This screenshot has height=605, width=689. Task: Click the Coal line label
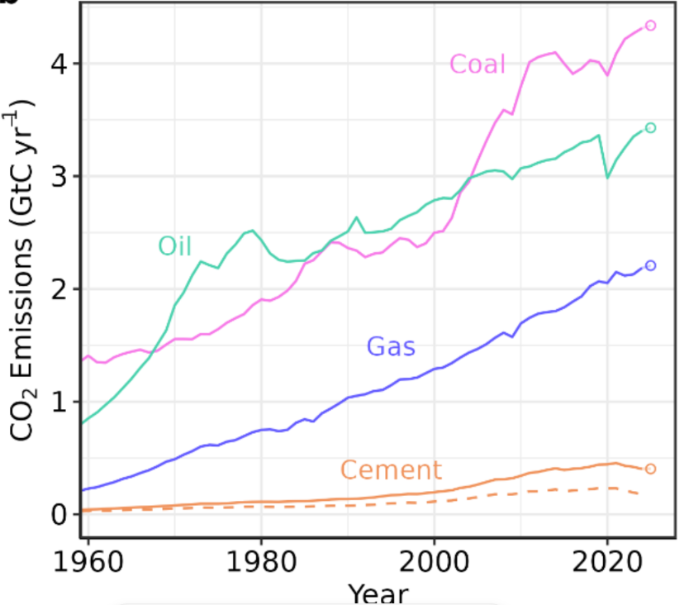[477, 64]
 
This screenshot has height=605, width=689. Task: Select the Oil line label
[175, 246]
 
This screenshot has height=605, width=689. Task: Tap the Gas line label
[391, 346]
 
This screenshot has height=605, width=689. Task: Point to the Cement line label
[391, 470]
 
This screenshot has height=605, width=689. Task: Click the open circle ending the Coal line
[650, 26]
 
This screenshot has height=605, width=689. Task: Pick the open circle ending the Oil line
[650, 127]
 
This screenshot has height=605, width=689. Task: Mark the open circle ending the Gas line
[650, 265]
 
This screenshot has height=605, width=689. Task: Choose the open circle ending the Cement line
[650, 469]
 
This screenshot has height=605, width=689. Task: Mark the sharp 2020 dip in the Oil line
[607, 177]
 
